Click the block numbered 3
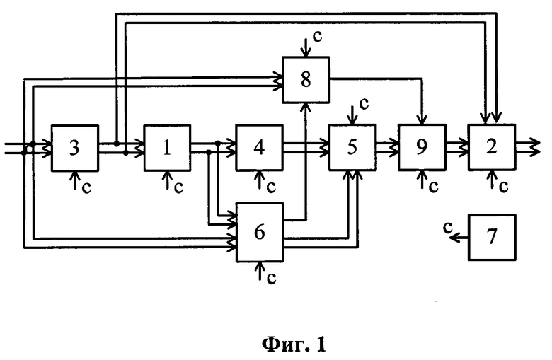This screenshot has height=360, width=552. click(x=75, y=148)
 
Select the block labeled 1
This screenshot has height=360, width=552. click(x=167, y=148)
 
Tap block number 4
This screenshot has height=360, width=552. click(x=260, y=148)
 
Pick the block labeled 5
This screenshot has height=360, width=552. click(x=352, y=148)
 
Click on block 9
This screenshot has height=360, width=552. click(x=422, y=148)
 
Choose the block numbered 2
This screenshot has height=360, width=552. click(x=492, y=148)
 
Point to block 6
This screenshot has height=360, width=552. click(x=260, y=232)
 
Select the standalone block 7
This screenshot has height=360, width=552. click(x=492, y=238)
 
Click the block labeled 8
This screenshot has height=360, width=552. click(x=306, y=80)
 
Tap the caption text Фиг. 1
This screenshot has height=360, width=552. click(x=294, y=344)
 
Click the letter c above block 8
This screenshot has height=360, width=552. click(x=317, y=37)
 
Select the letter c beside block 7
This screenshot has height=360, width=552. click(x=447, y=227)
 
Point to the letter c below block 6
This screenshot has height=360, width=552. click(x=271, y=278)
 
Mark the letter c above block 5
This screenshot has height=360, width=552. click(x=364, y=104)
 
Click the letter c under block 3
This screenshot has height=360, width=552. click(x=86, y=188)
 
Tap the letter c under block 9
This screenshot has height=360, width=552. click(x=433, y=187)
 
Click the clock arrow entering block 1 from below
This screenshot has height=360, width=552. click(x=168, y=181)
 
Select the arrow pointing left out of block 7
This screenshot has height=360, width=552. click(x=459, y=238)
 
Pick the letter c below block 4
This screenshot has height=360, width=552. click(x=271, y=188)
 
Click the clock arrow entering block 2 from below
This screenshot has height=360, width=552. click(x=492, y=180)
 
